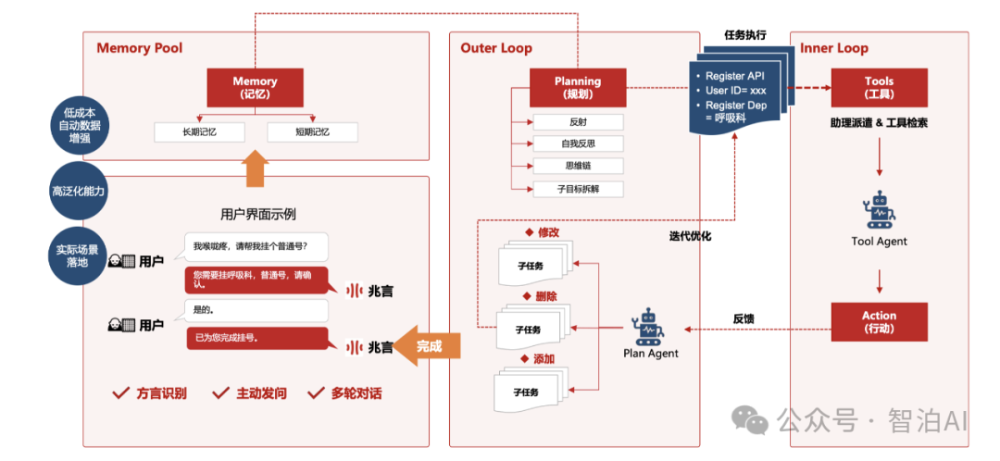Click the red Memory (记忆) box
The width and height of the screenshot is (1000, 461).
[255, 87]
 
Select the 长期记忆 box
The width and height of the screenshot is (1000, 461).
[199, 132]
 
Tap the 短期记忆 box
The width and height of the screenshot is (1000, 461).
[312, 132]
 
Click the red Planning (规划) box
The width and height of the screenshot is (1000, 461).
[578, 87]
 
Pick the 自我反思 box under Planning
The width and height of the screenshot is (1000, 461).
[578, 143]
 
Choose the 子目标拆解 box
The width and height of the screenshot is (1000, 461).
[578, 189]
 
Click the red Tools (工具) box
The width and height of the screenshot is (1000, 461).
[879, 87]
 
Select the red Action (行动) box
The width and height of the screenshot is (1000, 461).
[879, 322]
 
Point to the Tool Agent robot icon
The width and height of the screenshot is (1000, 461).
[879, 210]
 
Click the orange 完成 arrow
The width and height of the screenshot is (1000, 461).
[425, 346]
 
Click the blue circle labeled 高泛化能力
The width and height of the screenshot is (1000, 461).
[79, 192]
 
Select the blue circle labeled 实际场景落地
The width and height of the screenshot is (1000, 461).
[79, 255]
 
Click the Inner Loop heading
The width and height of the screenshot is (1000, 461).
[834, 48]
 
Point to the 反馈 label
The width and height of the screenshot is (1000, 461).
[744, 319]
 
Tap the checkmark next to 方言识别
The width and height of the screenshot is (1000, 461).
[120, 393]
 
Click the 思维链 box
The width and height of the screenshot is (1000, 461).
[578, 166]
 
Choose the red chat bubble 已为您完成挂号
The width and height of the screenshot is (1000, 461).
[256, 339]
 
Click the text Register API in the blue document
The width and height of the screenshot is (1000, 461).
[736, 76]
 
